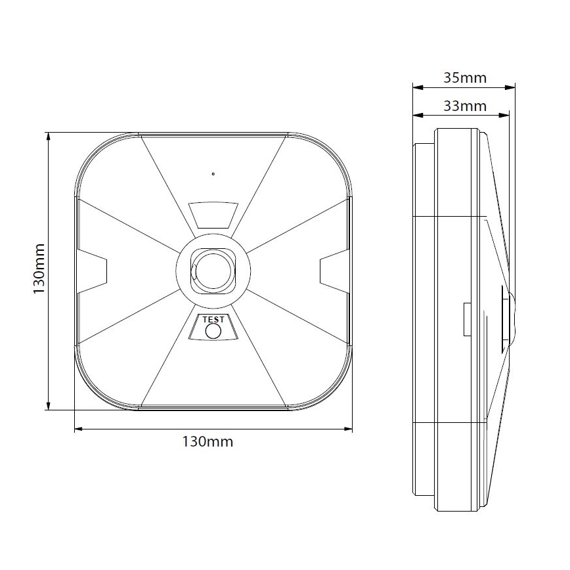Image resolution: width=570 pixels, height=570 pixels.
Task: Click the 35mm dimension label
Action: (464, 78)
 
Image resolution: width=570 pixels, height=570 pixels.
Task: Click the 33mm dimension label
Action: (464, 106)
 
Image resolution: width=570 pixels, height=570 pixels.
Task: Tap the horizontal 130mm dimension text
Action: (207, 441)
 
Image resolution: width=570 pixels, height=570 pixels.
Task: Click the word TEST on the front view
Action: (213, 320)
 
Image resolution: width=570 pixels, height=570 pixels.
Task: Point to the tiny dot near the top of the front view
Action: (213, 174)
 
